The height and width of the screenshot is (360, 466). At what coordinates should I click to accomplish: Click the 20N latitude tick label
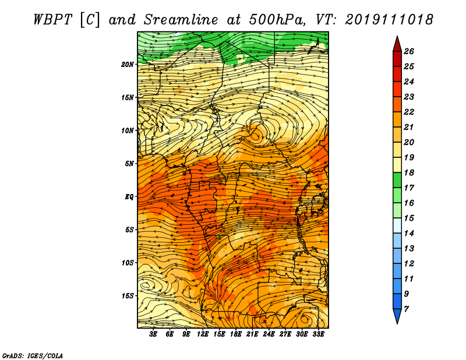(128, 65)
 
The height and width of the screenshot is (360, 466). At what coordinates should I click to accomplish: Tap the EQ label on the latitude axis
(129, 197)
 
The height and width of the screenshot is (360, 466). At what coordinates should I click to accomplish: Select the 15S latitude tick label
(128, 296)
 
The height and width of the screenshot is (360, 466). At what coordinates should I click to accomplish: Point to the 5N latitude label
(129, 164)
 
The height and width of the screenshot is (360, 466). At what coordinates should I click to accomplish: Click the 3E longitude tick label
(153, 334)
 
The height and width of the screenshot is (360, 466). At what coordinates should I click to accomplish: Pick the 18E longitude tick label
(236, 334)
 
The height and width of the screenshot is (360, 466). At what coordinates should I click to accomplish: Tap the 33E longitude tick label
(318, 334)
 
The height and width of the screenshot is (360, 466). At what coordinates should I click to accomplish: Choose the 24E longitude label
(269, 334)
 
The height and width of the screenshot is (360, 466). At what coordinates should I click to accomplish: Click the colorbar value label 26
(409, 51)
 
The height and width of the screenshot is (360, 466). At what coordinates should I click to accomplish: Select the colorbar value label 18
(409, 172)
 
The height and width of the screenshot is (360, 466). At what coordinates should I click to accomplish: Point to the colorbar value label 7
(407, 309)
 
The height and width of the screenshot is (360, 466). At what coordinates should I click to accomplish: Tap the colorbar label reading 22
(409, 112)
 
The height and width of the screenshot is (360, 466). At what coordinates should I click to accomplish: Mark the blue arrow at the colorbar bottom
(397, 315)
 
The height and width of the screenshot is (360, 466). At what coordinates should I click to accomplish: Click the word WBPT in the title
(52, 20)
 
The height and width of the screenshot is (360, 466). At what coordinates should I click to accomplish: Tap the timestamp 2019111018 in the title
(389, 20)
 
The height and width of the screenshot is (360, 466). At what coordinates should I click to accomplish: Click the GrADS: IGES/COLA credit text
(33, 356)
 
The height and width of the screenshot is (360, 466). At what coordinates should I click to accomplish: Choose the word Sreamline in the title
(181, 20)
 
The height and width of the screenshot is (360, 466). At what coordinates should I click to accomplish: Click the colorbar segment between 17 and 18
(397, 181)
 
